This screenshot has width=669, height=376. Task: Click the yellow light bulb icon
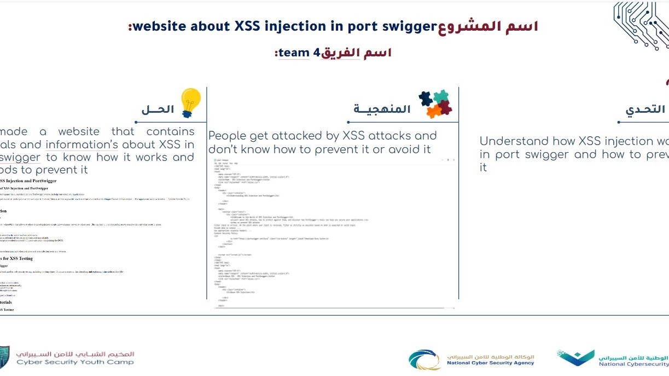(x=190, y=102)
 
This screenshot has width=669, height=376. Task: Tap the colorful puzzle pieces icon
(x=435, y=104)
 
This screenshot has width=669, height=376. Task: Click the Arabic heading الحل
(x=158, y=109)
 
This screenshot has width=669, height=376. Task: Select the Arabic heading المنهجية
(x=382, y=109)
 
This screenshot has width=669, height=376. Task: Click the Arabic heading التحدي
(x=645, y=109)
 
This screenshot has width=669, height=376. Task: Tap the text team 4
(x=299, y=53)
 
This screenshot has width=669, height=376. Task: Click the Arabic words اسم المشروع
(x=488, y=26)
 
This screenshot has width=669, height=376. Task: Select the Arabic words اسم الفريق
(x=356, y=53)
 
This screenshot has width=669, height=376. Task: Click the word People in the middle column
(x=228, y=136)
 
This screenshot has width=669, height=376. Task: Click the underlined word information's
(x=82, y=144)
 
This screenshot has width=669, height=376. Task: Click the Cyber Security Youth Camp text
(x=75, y=362)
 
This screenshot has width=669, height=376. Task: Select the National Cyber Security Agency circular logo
(x=424, y=360)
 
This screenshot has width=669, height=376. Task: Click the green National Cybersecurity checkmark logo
(x=575, y=358)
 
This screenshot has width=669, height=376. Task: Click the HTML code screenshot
(x=334, y=230)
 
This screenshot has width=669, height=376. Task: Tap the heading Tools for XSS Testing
(x=16, y=258)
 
